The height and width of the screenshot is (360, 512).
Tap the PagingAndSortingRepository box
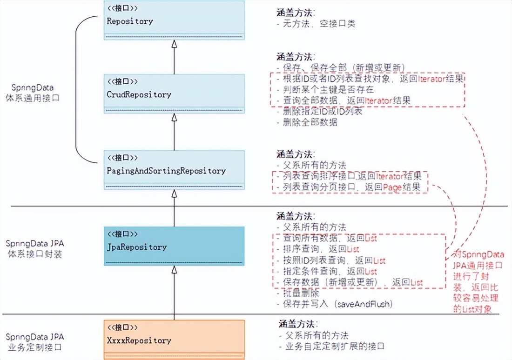coord(174,170)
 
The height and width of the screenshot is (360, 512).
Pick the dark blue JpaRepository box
coord(174,246)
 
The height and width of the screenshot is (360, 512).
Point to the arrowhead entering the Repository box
coord(174,44)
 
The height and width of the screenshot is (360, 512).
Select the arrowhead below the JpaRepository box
coord(174,269)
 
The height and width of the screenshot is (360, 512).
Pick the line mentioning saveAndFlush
coord(337,304)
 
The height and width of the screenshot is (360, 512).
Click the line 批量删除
coord(301,293)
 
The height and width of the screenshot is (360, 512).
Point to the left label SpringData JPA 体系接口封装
coord(35,249)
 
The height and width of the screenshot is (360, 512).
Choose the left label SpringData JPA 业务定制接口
coord(35,341)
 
